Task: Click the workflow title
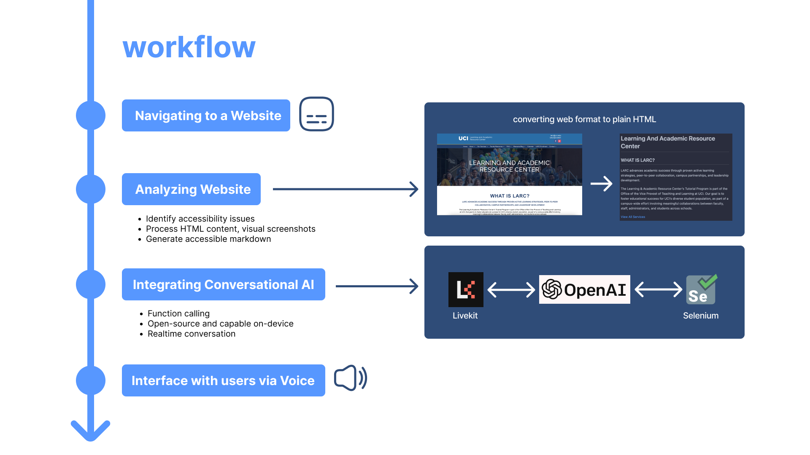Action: [189, 47]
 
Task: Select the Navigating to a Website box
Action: [206, 115]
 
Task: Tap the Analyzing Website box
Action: [191, 189]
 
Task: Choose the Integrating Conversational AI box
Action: [223, 284]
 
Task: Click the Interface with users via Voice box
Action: [223, 380]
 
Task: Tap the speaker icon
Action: [350, 378]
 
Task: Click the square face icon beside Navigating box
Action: [316, 114]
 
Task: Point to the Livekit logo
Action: [466, 289]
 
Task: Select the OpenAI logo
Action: [584, 289]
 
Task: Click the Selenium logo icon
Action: [701, 289]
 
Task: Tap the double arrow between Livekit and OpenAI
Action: [511, 290]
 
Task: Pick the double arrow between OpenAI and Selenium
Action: [658, 289]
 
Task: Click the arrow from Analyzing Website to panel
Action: [345, 189]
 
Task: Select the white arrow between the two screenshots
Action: [601, 184]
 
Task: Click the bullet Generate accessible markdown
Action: [208, 239]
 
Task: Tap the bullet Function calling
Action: [178, 313]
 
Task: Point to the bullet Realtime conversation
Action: [191, 334]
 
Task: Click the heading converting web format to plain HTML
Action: [584, 119]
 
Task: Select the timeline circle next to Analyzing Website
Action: [91, 189]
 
